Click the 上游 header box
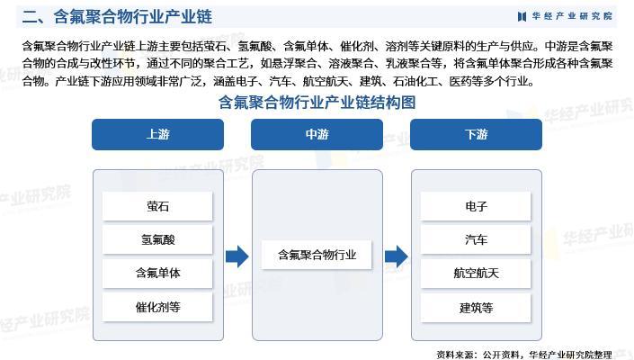pyautogui.click(x=157, y=134)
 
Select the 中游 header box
pyautogui.click(x=317, y=134)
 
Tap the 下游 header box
pyautogui.click(x=476, y=134)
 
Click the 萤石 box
pyautogui.click(x=157, y=206)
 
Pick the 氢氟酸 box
pyautogui.click(x=157, y=239)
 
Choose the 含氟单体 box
pyautogui.click(x=157, y=273)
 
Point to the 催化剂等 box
pyautogui.click(x=157, y=306)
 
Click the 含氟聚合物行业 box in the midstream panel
pyautogui.click(x=317, y=255)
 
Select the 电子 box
pyautogui.click(x=476, y=206)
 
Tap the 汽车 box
pyautogui.click(x=476, y=239)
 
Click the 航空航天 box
pyautogui.click(x=476, y=273)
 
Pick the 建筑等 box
pyautogui.click(x=476, y=306)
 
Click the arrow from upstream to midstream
pyautogui.click(x=237, y=256)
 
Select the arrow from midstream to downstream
pyautogui.click(x=396, y=256)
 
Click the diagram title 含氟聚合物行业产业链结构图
pyautogui.click(x=317, y=103)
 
